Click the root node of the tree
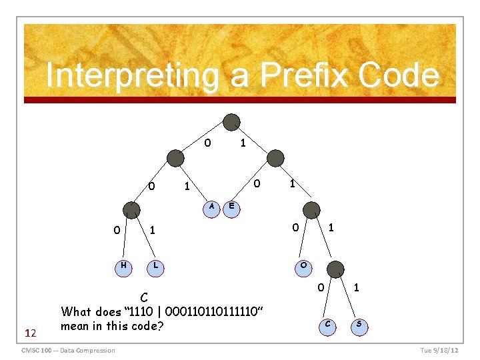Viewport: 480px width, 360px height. pos(231,122)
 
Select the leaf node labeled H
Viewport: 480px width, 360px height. pos(123,266)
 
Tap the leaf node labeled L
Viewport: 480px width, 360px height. pos(155,266)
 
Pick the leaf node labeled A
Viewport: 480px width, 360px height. pos(211,207)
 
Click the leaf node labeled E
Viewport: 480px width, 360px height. pos(231,207)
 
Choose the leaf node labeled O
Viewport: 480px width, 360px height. pos(303,265)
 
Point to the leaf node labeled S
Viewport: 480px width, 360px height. pos(359,325)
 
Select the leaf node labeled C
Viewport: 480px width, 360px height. pos(327,325)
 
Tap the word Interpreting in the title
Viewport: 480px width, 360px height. pos(131,75)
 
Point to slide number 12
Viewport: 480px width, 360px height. pos(30,331)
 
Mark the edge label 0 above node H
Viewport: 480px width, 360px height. pos(117,231)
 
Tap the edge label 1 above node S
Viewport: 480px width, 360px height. pos(357,288)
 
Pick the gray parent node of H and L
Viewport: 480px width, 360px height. pos(131,209)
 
